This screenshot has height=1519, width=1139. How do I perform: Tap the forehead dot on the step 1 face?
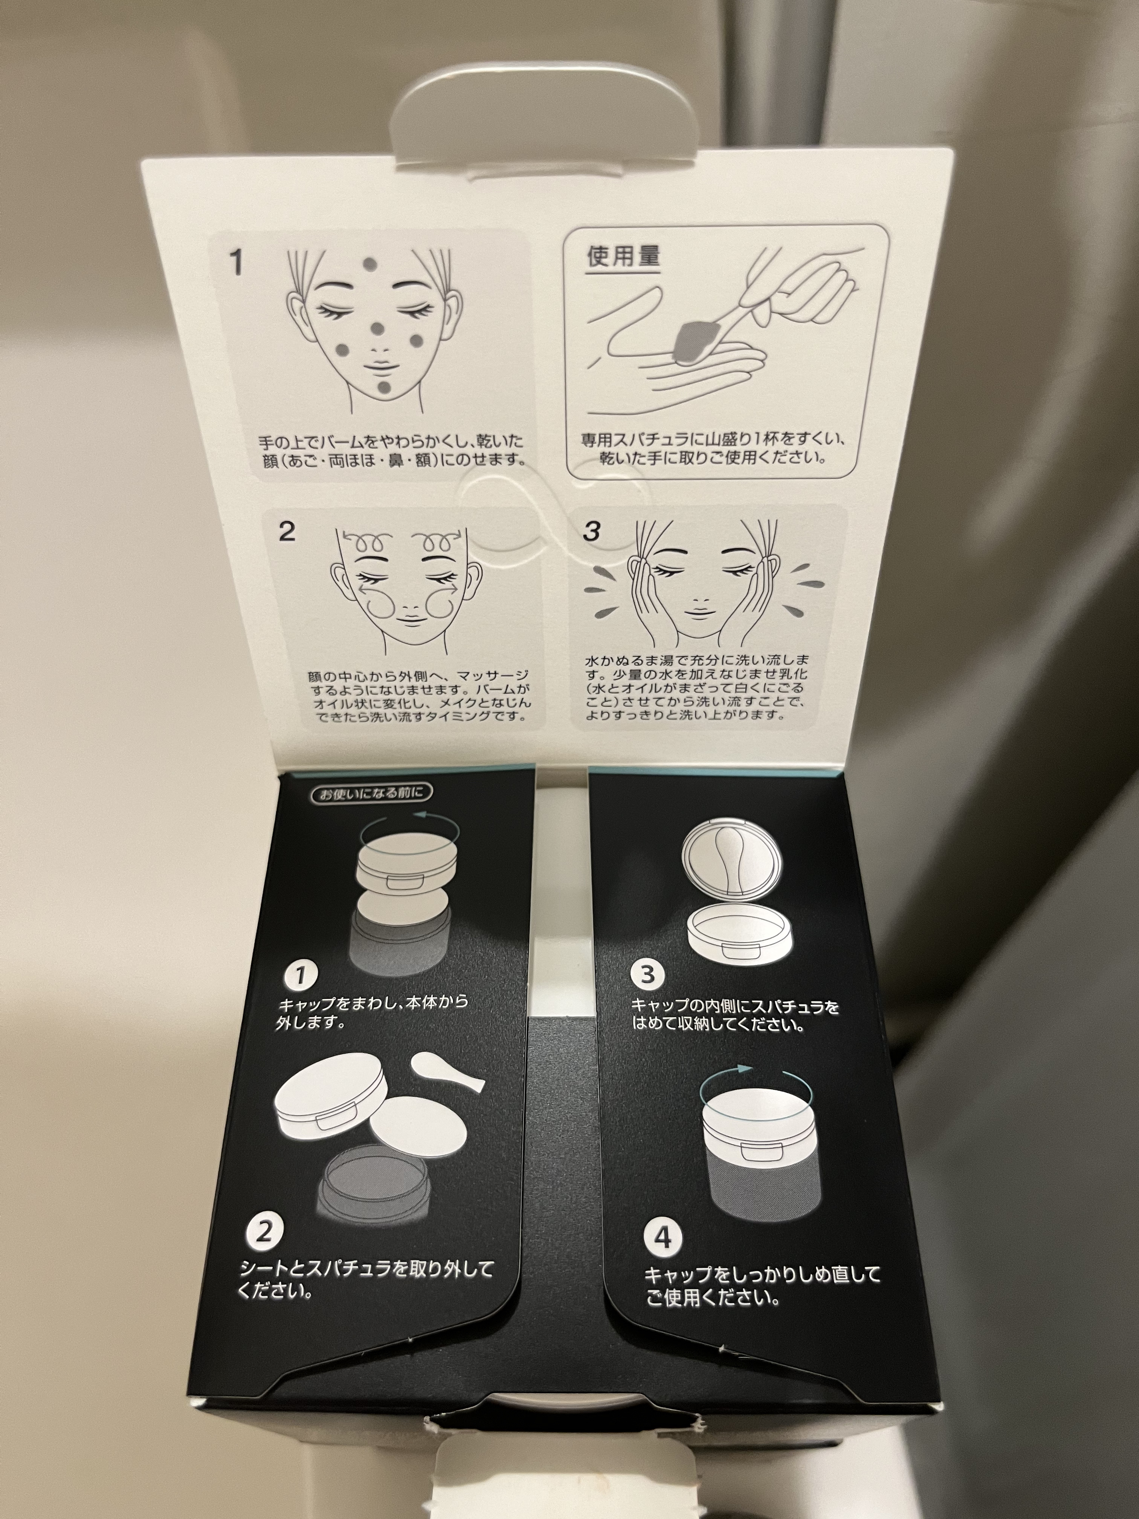(370, 266)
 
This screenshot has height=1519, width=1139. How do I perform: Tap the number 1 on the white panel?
(236, 262)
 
